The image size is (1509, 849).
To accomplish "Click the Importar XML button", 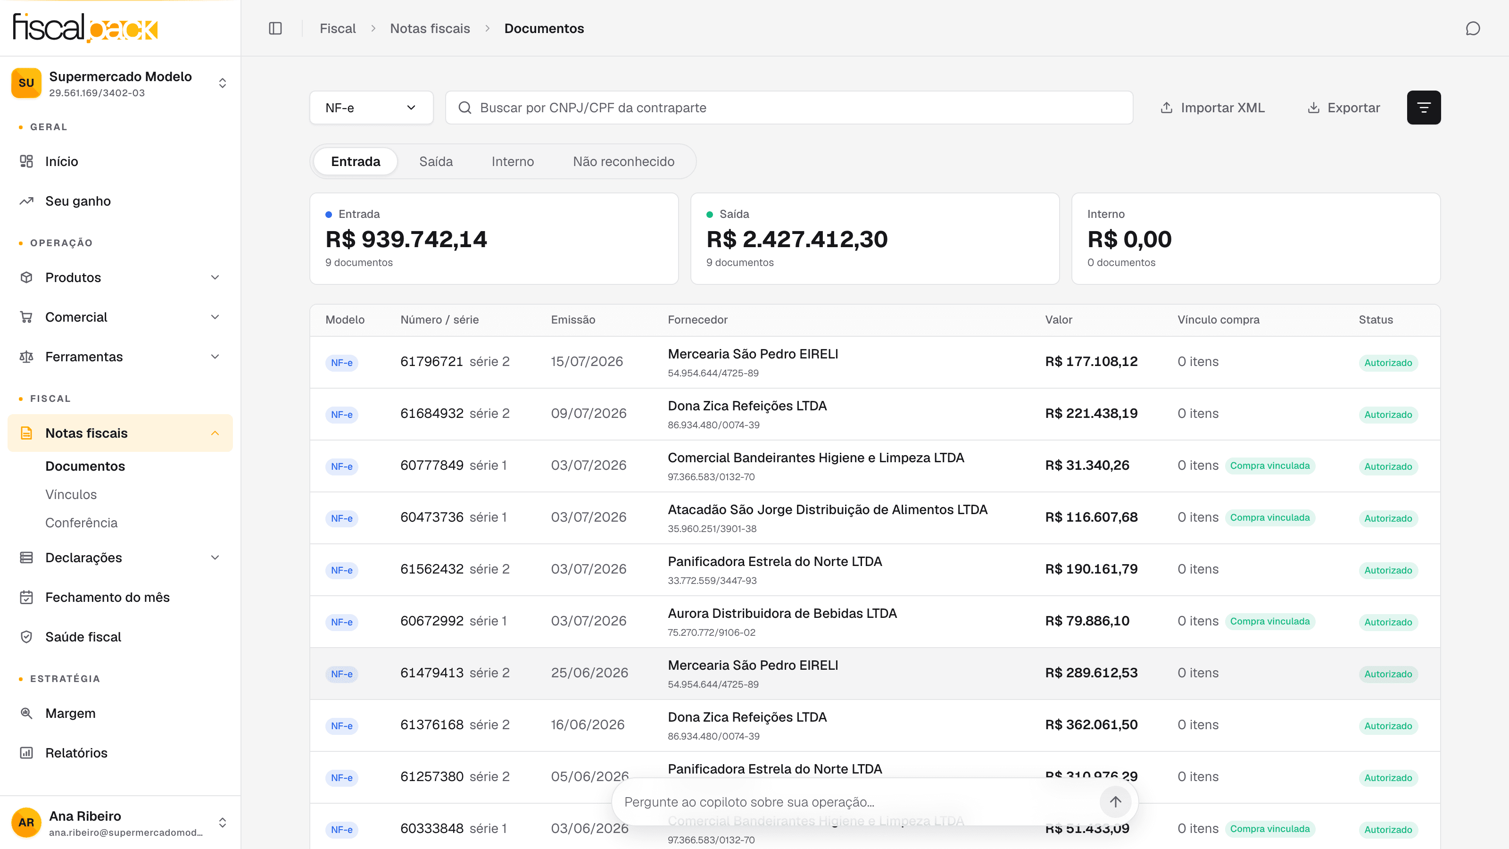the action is point(1212,108).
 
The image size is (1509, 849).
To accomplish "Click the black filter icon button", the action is point(1424,108).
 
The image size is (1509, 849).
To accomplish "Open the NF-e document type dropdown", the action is point(371,108).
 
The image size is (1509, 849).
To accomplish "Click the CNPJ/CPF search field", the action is point(788,108).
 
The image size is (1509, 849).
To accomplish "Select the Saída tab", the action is point(436,162).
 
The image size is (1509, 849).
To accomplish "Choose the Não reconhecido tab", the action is point(623,162).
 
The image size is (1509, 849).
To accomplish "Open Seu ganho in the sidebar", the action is point(78,201).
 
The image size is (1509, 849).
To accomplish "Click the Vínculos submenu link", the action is point(71,494).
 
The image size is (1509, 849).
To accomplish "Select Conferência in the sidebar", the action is point(82,523).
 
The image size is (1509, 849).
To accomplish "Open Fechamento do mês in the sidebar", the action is point(107,597).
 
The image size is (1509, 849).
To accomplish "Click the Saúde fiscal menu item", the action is point(83,637).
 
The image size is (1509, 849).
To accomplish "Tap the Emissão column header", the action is point(573,320).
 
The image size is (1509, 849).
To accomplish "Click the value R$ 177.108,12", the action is point(1091,361).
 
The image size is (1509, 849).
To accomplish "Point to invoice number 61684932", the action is point(432,414).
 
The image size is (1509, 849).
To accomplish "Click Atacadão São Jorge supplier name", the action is point(827,510).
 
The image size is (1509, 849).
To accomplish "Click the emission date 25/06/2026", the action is point(589,673).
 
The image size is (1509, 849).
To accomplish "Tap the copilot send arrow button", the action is point(1115,801).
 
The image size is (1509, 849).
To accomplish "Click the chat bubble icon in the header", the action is point(1473,28).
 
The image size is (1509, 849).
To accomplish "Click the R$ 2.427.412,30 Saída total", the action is point(796,239).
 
